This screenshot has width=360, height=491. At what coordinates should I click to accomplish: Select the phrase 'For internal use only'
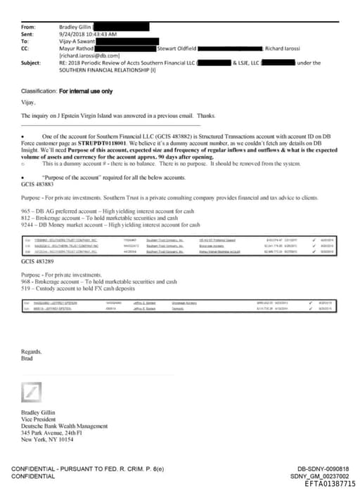pos(85,92)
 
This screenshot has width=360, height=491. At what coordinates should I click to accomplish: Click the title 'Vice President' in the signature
pos(39,419)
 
